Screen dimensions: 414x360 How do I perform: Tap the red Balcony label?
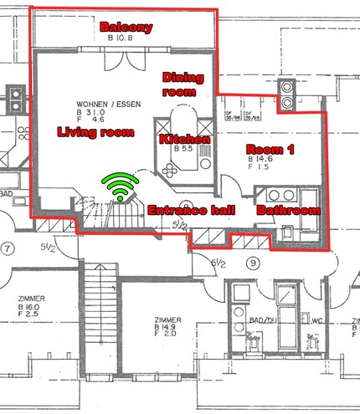click(x=126, y=28)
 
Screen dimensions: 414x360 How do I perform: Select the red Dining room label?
click(x=183, y=84)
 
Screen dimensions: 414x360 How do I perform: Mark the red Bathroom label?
click(x=288, y=211)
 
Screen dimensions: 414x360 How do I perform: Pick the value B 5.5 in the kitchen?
click(x=183, y=148)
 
